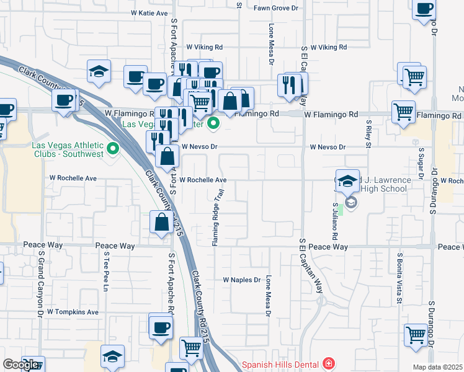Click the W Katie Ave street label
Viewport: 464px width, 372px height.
click(149, 13)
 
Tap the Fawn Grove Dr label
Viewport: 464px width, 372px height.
click(276, 8)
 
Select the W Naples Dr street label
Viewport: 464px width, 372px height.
click(242, 280)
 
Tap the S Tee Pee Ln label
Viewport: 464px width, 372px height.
click(106, 272)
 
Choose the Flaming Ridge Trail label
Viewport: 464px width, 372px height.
click(218, 218)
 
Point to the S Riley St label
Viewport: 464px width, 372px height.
click(368, 134)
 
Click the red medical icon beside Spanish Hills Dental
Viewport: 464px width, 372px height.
click(328, 365)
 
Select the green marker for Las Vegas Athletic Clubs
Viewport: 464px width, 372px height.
click(113, 149)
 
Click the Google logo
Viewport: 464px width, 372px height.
click(20, 365)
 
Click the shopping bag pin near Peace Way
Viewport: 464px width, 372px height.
click(161, 223)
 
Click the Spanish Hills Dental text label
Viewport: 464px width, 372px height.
click(280, 365)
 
